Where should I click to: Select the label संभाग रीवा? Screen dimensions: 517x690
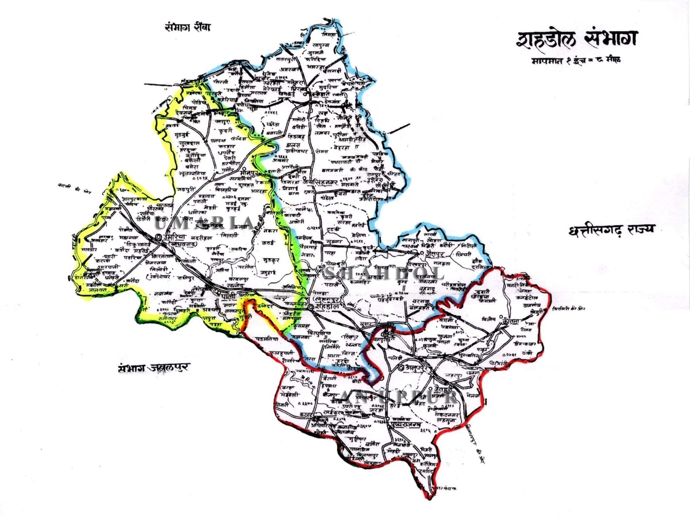187,28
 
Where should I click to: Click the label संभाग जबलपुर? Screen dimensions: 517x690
154,368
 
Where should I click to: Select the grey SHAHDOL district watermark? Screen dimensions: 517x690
383,273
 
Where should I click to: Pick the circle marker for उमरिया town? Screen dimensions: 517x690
159,237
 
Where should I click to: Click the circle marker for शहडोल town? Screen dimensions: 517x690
311,306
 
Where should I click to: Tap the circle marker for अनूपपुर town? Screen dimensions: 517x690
401,368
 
